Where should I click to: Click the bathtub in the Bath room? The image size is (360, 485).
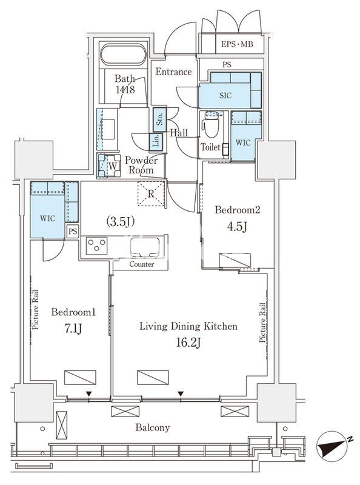pos(123,55)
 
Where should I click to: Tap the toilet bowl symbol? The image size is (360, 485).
pos(211,125)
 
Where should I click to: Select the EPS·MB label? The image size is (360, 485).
pos(237,44)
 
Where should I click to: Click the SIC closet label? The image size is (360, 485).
pos(225,96)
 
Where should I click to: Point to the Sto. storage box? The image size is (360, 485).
pos(159,118)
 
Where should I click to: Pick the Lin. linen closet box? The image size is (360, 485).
pos(156,142)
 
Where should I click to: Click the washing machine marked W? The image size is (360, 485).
pos(109,166)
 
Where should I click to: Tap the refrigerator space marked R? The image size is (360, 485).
pos(151,193)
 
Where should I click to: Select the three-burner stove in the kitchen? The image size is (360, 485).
pos(96,246)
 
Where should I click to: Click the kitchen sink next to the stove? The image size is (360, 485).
pos(145,247)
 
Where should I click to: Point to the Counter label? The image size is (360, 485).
pos(141,264)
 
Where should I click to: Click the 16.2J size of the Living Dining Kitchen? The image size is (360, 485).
pos(188,343)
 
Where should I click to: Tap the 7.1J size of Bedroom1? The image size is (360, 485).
pos(73,329)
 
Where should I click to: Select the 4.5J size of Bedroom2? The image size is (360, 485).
pos(237,227)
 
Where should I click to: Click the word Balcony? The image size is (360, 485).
pos(153,428)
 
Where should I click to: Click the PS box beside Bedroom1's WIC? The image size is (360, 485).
pos(73,231)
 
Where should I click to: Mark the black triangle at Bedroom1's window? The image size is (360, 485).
pos(88,393)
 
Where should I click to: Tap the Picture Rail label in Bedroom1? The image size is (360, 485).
pos(35,310)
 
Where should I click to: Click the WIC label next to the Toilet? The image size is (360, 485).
pos(243,142)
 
